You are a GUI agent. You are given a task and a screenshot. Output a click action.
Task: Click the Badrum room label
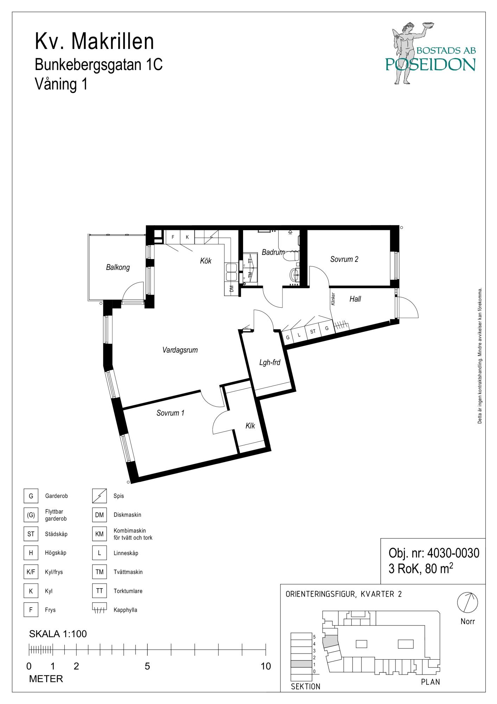tap(273, 252)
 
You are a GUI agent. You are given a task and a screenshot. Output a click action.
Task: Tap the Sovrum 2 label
tap(344, 259)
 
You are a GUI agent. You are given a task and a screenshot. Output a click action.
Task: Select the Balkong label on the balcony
tap(118, 268)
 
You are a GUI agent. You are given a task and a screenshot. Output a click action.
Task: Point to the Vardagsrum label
tap(180, 350)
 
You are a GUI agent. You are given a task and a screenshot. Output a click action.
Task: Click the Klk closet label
tap(250, 426)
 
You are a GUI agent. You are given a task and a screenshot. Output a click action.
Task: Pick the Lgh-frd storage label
tap(270, 362)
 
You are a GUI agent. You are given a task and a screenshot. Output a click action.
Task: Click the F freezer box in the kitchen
tap(173, 237)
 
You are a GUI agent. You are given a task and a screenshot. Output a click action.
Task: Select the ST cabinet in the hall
tap(312, 331)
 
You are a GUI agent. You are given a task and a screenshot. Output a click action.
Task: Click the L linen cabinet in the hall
tap(299, 334)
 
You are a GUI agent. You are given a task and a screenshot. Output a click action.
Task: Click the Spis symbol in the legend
tap(100, 496)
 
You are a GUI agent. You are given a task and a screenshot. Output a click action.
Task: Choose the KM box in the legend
tap(100, 534)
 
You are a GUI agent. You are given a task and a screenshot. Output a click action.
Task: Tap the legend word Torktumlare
tap(128, 591)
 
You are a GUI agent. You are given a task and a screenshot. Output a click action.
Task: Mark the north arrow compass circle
tap(467, 602)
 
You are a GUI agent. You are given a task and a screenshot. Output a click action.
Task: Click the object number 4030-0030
tap(453, 553)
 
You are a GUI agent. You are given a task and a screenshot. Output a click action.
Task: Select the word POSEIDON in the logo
tap(431, 64)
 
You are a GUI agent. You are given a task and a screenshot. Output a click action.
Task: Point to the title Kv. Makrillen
tap(94, 42)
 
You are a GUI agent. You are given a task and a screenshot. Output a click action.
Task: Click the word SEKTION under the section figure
tap(306, 686)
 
